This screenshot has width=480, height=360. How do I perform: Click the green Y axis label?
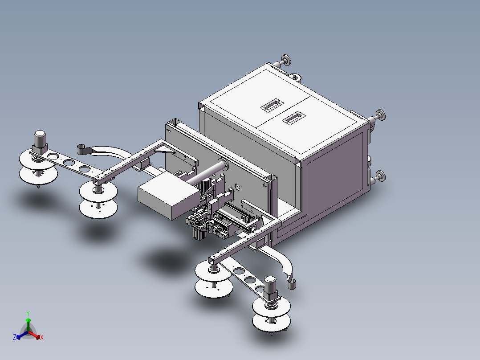click(x=28, y=313)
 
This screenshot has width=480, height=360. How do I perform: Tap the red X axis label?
click(x=42, y=337)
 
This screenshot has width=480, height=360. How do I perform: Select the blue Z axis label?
click(x=15, y=337)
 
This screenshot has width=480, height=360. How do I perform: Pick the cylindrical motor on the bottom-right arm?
click(x=271, y=288)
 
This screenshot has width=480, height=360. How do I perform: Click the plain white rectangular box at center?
click(x=168, y=195)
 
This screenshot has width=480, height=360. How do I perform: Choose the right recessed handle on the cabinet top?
click(x=293, y=118)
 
